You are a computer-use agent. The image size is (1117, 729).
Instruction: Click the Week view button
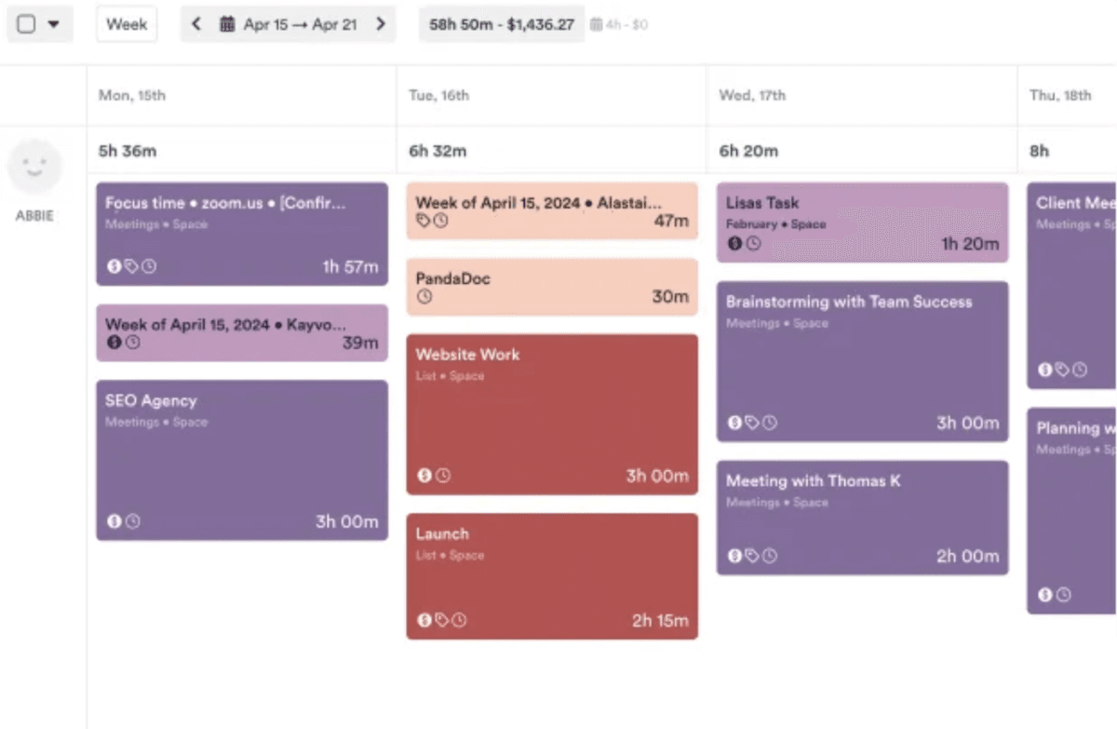127,24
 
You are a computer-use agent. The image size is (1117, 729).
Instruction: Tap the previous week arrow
195,24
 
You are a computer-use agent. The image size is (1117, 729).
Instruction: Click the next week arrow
381,24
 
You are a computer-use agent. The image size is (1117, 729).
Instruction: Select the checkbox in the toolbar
27,25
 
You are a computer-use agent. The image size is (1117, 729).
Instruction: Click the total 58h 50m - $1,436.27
502,25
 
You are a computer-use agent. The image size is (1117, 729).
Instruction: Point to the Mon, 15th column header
132,95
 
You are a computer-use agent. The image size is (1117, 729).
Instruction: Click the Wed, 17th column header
752,95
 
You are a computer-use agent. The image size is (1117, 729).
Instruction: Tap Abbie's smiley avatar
34,168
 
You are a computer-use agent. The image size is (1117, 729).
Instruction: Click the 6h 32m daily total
437,151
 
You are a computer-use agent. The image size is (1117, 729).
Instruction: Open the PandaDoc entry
453,278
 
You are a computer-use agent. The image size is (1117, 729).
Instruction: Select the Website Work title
467,355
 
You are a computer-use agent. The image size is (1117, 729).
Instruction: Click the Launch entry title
442,533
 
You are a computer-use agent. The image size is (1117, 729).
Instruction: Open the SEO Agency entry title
151,401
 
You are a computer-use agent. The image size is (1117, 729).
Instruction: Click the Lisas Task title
762,202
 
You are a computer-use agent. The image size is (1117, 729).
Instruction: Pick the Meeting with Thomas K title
813,481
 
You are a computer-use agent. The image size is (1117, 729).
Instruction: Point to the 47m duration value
670,221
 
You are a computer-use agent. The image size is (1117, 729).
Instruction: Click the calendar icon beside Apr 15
227,24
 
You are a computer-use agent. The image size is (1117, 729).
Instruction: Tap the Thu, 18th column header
1060,95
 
